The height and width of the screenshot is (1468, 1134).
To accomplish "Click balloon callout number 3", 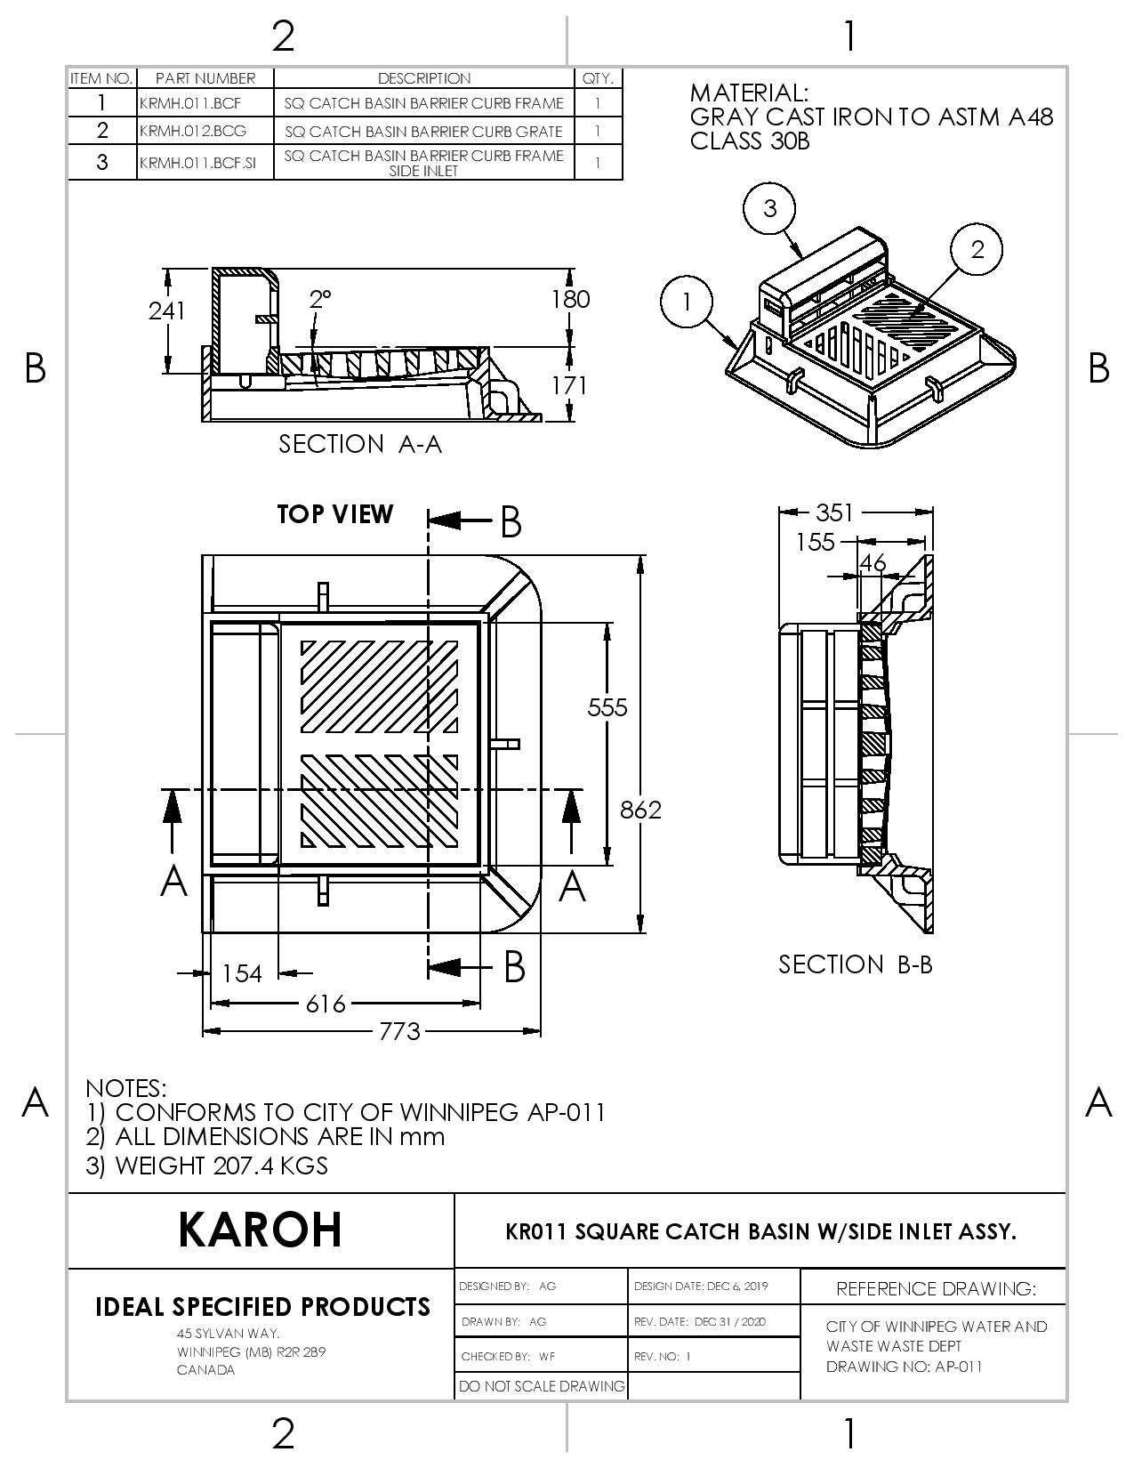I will click(x=769, y=207).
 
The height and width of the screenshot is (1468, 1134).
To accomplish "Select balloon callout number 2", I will click(x=977, y=248).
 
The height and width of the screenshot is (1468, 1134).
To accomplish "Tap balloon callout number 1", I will click(x=687, y=302).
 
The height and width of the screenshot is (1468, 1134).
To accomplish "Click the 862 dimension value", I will click(x=641, y=810).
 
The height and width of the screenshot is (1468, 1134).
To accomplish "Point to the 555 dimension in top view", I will click(x=607, y=707).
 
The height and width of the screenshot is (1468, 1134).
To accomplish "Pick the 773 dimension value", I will click(x=399, y=1031).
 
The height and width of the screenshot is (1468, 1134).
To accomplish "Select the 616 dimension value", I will click(x=326, y=1004).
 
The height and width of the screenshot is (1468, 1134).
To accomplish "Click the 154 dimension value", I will click(x=242, y=973).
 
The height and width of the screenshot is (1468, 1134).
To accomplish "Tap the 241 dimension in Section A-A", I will click(x=166, y=311).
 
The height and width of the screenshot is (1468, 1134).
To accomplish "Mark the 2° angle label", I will click(x=320, y=299).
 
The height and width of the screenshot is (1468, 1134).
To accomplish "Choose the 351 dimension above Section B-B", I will click(x=834, y=512).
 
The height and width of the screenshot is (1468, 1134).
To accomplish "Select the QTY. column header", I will click(x=598, y=78).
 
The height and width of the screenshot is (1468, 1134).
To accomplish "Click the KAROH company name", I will click(x=260, y=1230).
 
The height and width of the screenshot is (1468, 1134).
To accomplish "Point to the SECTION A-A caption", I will click(x=360, y=444).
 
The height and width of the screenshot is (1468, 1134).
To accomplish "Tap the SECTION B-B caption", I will click(x=856, y=964).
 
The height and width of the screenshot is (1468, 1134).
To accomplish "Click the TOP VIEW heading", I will click(x=334, y=514).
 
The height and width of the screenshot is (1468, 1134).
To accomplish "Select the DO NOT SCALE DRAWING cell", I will click(x=542, y=1386).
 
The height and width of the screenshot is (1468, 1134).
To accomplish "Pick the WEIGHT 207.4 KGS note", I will click(x=207, y=1166).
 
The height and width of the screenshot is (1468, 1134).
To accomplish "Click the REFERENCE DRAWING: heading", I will click(x=936, y=1288).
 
